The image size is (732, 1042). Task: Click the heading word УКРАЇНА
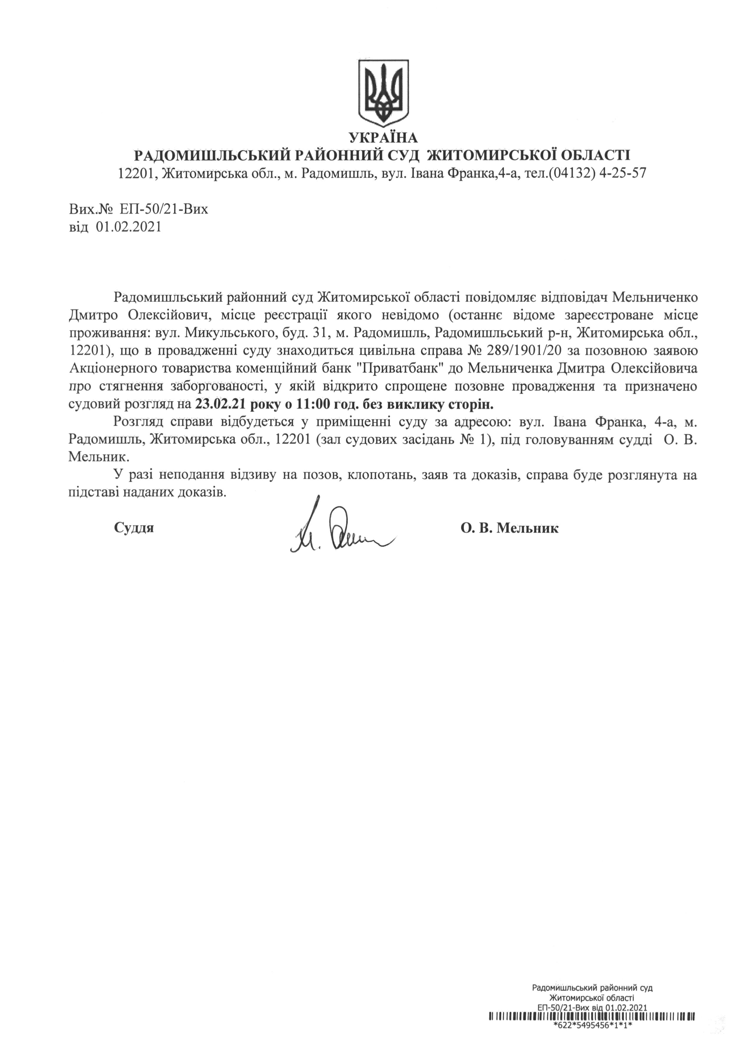click(383, 137)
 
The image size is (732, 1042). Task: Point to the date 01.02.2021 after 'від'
click(129, 226)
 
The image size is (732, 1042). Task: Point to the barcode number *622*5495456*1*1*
click(593, 1037)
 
